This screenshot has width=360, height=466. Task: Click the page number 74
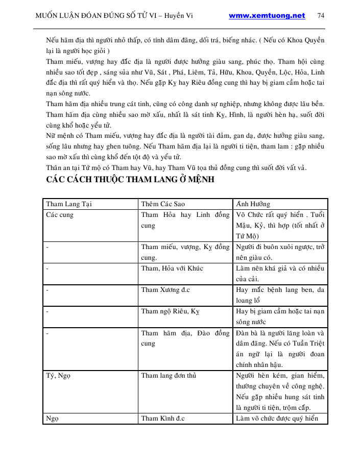[321, 15]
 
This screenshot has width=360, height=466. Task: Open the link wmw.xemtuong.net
[267, 15]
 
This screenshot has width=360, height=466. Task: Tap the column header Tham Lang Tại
[69, 204]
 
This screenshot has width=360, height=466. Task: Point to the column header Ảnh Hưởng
[253, 204]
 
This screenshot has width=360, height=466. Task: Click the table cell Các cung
[60, 215]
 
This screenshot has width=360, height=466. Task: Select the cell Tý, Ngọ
[58, 376]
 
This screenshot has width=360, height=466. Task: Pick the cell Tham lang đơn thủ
[169, 376]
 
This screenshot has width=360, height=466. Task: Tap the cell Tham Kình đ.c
[162, 419]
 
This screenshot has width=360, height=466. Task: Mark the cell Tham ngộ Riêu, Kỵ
[171, 311]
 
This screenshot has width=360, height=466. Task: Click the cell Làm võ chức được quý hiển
[277, 419]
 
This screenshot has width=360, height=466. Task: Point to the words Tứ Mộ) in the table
[248, 236]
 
